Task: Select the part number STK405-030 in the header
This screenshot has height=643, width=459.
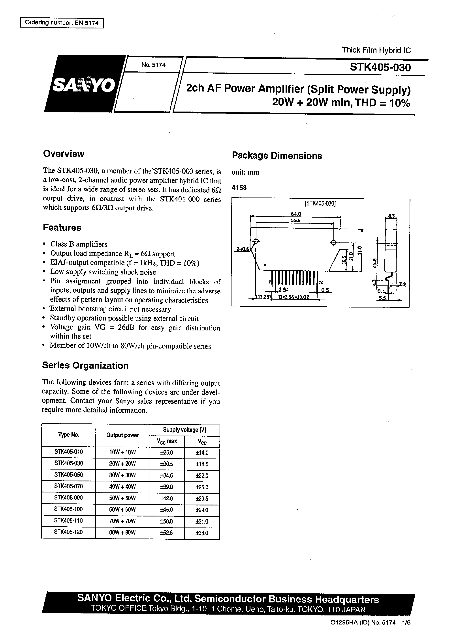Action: [x=380, y=67]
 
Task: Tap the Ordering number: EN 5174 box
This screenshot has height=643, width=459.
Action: [x=62, y=23]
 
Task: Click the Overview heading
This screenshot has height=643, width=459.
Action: [x=64, y=154]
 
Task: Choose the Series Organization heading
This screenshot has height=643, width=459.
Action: [x=85, y=365]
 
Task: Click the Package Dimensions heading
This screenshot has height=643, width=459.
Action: [x=277, y=156]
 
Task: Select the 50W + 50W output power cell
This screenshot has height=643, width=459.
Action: [x=122, y=498]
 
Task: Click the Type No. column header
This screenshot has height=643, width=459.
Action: [x=69, y=435]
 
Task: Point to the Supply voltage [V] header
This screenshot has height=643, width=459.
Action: [x=184, y=430]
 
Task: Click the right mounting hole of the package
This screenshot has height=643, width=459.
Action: [x=333, y=242]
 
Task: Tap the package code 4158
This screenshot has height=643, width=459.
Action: [x=239, y=188]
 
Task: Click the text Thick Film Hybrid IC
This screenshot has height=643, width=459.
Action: [x=376, y=50]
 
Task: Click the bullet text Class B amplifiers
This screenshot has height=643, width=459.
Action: [x=79, y=244]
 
